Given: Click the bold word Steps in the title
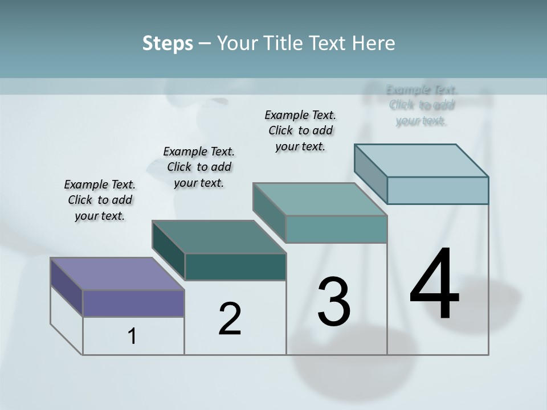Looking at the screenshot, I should tap(168, 43).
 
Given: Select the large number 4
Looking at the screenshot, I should tap(434, 285).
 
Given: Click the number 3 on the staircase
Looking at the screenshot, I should tap(334, 302).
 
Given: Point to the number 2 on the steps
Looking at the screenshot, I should tap(230, 319).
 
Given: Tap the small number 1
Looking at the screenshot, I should tap(132, 336).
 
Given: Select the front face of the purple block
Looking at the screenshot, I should tap(133, 303).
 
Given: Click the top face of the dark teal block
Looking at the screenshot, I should tap(219, 237).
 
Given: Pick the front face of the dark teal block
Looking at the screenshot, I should tap(235, 266).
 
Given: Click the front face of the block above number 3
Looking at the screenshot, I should tap(336, 229).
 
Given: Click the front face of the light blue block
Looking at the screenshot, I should tap(438, 190).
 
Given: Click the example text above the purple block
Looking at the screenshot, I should tap(100, 200).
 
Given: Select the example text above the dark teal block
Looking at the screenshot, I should tap(199, 167).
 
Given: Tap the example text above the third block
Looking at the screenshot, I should tap(300, 130).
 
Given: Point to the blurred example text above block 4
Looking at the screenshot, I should tap(422, 105).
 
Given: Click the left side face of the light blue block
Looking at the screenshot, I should tap(370, 174).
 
